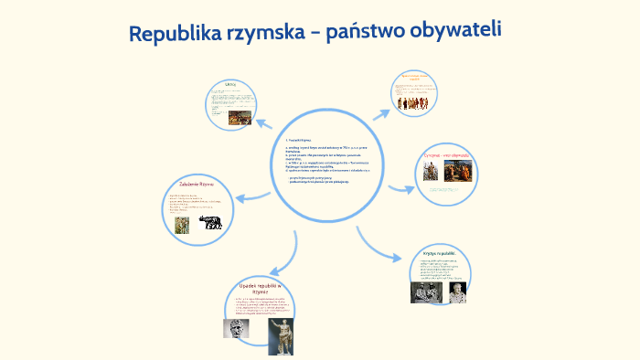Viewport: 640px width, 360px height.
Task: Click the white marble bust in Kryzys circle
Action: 455,291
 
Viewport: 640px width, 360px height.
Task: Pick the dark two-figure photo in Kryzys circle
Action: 424,292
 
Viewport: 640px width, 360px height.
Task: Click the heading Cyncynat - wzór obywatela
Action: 446,156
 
